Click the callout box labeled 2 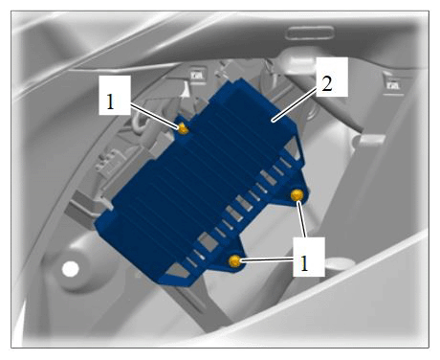(x=332, y=77)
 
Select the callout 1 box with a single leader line (x=115, y=95)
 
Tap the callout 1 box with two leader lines (x=309, y=257)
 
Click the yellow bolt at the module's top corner (x=183, y=128)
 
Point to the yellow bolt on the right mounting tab (x=297, y=195)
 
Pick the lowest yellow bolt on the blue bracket (x=235, y=261)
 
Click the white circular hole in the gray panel (x=71, y=269)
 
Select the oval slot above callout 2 (x=310, y=34)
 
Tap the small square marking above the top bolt (x=198, y=76)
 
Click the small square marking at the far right (x=393, y=85)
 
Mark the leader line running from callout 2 (x=295, y=104)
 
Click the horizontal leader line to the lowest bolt (x=267, y=260)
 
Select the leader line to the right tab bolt (x=302, y=219)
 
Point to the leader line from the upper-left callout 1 (x=155, y=116)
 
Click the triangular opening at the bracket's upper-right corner (x=294, y=148)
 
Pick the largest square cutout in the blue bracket (x=208, y=242)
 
